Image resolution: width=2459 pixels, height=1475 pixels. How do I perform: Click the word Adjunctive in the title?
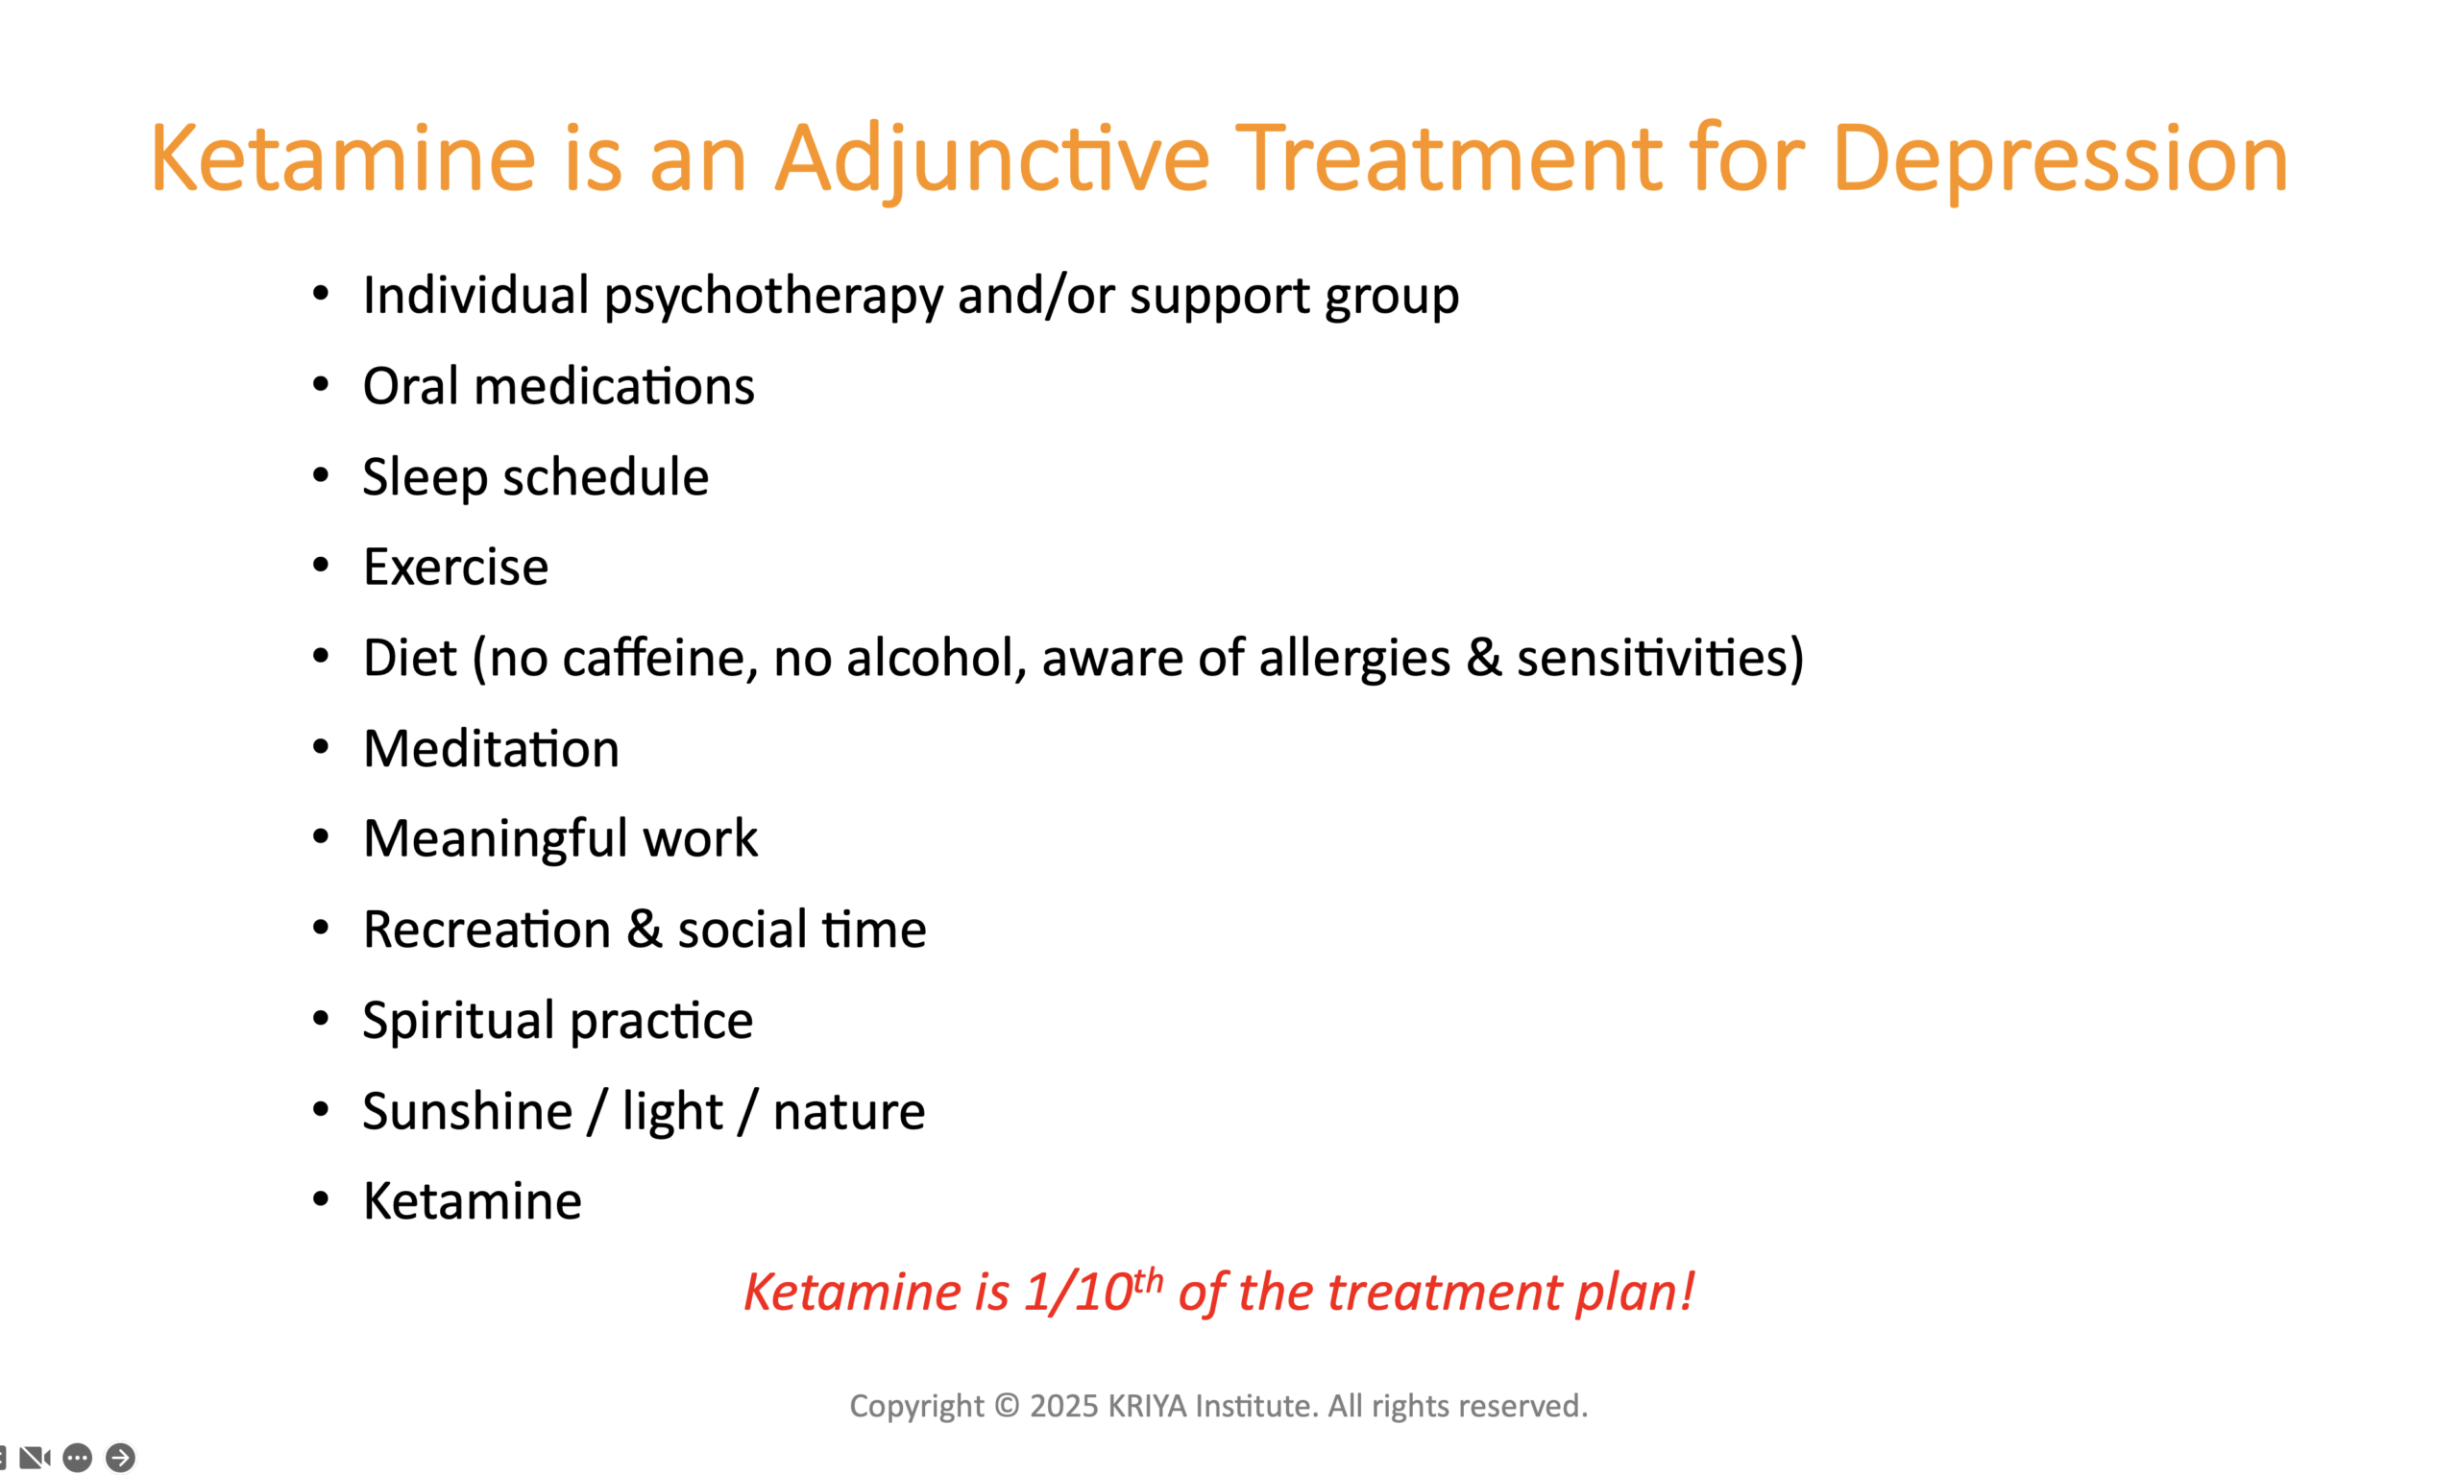coord(993,159)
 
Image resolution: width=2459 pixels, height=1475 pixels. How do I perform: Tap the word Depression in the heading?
coord(2059,159)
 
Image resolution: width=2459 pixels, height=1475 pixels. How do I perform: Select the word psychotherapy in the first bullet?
coord(773,297)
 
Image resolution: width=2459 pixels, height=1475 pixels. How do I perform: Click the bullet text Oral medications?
coord(559,386)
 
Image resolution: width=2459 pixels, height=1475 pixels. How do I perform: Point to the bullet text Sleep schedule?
coord(536,478)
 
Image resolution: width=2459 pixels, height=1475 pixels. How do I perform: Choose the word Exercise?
coord(455,568)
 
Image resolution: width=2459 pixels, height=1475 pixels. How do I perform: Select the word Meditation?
coord(491,748)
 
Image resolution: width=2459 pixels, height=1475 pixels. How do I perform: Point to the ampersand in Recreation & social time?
coord(645,931)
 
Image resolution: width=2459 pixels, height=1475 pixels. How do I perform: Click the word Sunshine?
coord(467,1111)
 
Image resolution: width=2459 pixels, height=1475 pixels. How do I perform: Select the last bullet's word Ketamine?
coord(473,1201)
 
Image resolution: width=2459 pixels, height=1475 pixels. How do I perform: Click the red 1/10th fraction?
coord(1093,1292)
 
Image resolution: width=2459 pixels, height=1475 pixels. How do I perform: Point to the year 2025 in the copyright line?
coord(1063,1407)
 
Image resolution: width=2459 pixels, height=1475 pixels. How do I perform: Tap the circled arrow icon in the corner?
coord(120,1458)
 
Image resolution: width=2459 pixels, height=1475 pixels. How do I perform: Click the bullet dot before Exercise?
coord(320,566)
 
